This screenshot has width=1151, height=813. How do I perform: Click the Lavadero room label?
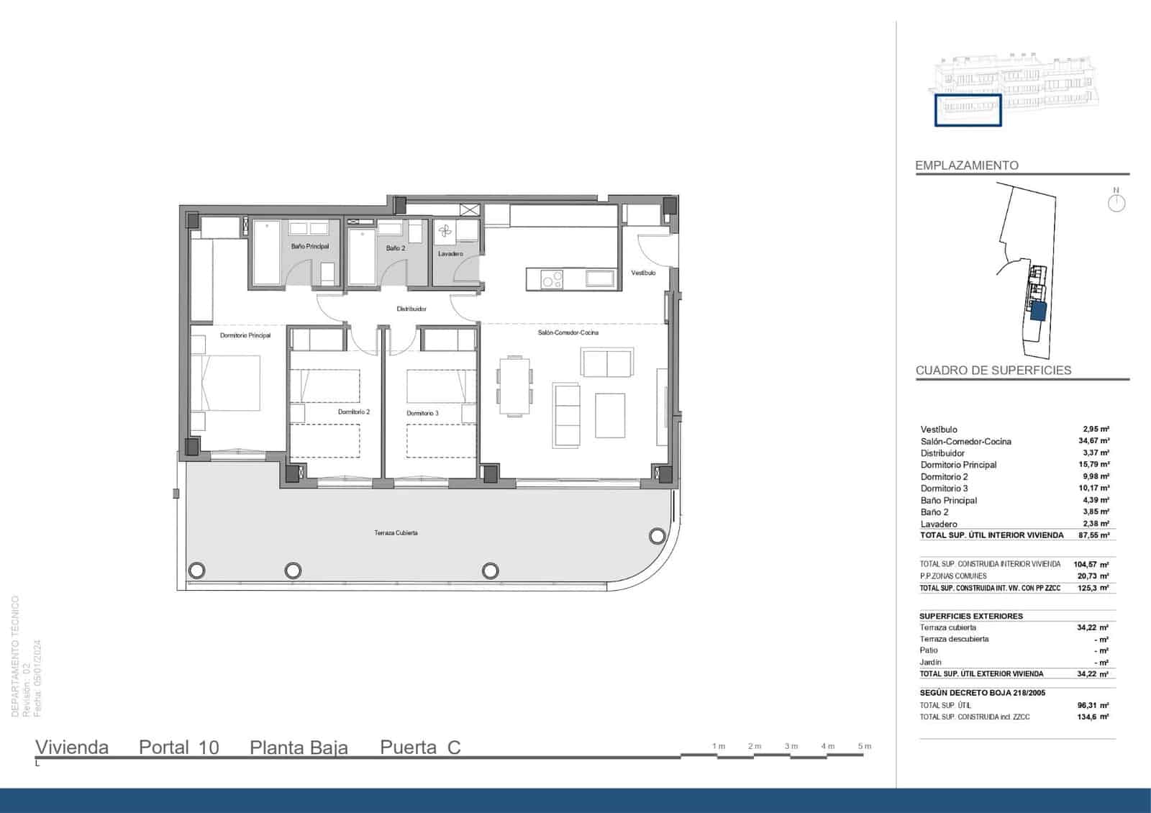point(450,254)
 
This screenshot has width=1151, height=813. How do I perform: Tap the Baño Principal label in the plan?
point(310,247)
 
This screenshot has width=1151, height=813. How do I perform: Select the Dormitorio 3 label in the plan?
point(422,414)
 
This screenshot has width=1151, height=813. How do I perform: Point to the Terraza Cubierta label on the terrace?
point(396,533)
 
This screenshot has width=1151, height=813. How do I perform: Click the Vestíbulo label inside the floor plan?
point(643,273)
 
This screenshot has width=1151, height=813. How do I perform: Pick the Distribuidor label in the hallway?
point(411,309)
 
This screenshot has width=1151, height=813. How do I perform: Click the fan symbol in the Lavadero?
point(445,231)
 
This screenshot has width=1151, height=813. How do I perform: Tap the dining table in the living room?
point(515,386)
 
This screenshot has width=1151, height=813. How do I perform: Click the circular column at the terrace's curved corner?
point(657,536)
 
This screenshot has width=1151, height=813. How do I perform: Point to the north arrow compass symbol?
point(1116,202)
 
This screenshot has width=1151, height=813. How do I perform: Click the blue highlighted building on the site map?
point(1037,311)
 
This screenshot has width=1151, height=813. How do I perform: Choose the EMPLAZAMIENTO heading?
point(966,165)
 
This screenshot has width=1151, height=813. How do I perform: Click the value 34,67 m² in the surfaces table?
point(1093,441)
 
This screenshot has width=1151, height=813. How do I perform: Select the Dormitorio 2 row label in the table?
point(944,476)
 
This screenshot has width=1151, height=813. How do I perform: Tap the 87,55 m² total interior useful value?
point(1093,535)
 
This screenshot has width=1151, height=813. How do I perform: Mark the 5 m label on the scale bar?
point(864,746)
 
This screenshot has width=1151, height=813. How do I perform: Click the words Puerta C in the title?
point(420,748)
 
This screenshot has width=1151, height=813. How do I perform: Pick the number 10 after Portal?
point(209,748)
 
